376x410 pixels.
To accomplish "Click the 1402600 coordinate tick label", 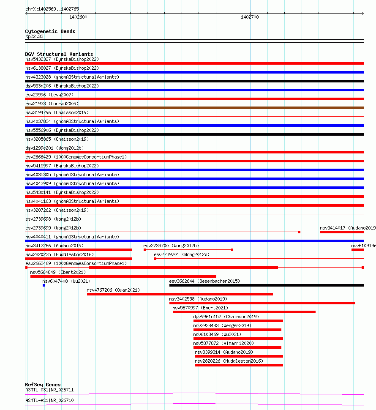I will point(78,17).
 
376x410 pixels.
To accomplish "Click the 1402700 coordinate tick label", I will point(250,17).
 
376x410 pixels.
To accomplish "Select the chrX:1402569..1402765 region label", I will point(52,9).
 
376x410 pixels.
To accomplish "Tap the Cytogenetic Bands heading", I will point(50,31).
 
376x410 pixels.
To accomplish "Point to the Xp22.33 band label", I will point(34,36).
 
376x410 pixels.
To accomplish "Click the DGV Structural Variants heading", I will point(59,54).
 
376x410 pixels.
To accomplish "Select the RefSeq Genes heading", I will point(43,385).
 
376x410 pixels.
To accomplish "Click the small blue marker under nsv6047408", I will point(44,285).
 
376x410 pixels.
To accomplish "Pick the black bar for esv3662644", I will point(266,285).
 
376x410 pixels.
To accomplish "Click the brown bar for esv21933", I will point(194,108).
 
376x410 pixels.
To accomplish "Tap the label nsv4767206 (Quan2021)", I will point(113,290).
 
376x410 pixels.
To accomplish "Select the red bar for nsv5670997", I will point(244,312).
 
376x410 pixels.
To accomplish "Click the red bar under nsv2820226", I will point(239,365).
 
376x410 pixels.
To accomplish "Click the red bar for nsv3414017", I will point(342,232).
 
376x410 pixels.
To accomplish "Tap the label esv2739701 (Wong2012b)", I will point(181,254).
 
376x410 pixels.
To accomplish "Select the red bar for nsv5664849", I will point(123,276).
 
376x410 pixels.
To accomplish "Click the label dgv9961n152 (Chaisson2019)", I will point(226,317).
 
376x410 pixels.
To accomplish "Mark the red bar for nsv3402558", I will point(262,303).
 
